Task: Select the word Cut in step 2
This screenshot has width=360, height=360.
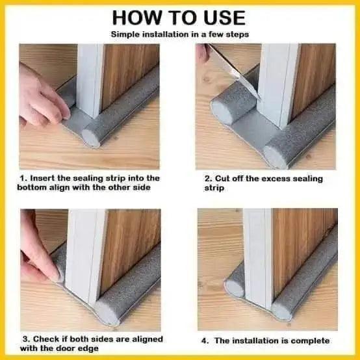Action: point(222,179)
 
